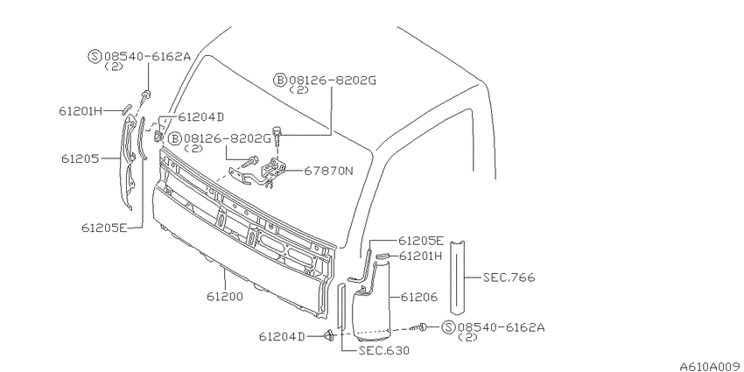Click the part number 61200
point(224,297)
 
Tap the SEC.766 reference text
point(509,277)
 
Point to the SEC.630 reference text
point(383,351)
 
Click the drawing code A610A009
point(711,366)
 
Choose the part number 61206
point(419,298)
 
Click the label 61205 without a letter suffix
point(80,158)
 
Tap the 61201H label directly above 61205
point(81,111)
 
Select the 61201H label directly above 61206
point(420,256)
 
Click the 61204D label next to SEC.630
point(281,336)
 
